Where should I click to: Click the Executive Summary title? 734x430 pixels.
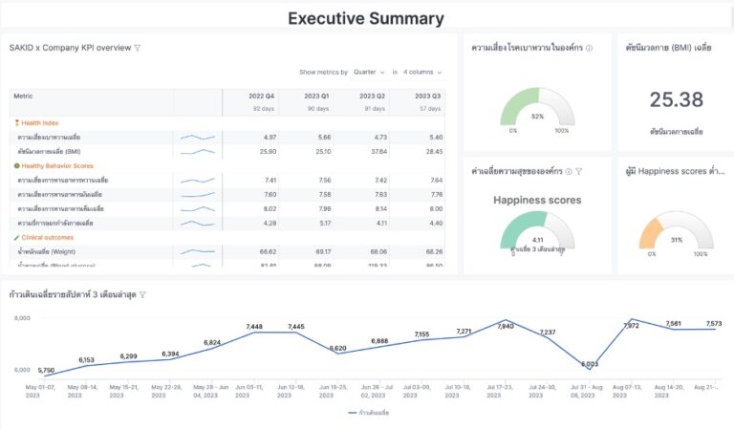tap(366, 18)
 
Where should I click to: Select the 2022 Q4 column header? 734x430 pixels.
tap(262, 96)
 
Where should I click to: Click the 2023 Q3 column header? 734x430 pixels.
tap(427, 96)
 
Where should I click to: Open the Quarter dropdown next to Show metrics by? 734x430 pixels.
tap(369, 72)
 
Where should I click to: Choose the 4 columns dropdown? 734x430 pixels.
tap(422, 72)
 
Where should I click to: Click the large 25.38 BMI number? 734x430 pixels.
tap(677, 99)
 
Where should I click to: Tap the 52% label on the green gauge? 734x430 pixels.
tap(537, 117)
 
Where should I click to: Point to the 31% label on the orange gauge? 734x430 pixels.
tap(677, 240)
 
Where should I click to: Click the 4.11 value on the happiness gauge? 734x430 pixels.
tap(537, 240)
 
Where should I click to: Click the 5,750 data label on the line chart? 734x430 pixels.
tap(47, 370)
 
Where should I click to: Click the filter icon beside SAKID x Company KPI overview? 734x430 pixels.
tap(138, 48)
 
